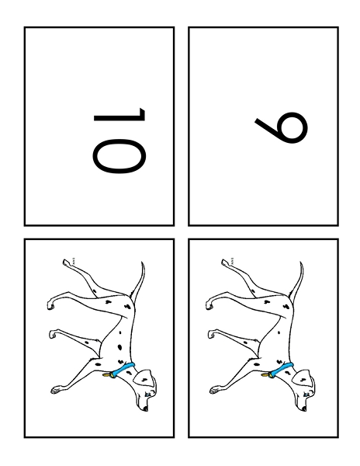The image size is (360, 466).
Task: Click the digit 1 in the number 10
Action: click(x=125, y=115)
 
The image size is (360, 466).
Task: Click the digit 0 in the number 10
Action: click(x=119, y=156)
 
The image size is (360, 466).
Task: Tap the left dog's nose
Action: click(x=145, y=409)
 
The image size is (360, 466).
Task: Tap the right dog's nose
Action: click(x=304, y=409)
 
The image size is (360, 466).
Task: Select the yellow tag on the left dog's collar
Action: click(x=107, y=375)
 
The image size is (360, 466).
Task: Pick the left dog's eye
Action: click(x=147, y=394)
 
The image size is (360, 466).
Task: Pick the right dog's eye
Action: click(x=306, y=394)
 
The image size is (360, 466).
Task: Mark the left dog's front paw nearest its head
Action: click(x=57, y=390)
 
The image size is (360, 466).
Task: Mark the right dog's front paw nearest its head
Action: click(x=215, y=390)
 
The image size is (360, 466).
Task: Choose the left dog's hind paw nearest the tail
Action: click(x=66, y=263)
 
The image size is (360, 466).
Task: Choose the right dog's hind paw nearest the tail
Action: click(x=225, y=263)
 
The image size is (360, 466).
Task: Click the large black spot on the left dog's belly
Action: click(x=119, y=347)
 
